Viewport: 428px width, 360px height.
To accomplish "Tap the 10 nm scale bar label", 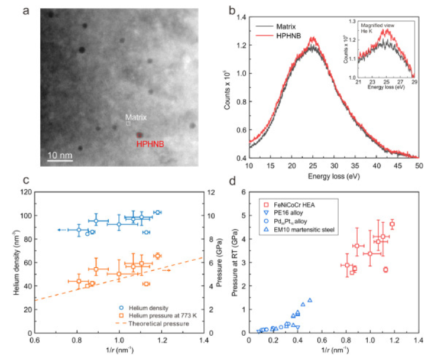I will point(60,155).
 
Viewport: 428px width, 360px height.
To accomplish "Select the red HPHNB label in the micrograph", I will point(150,144).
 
